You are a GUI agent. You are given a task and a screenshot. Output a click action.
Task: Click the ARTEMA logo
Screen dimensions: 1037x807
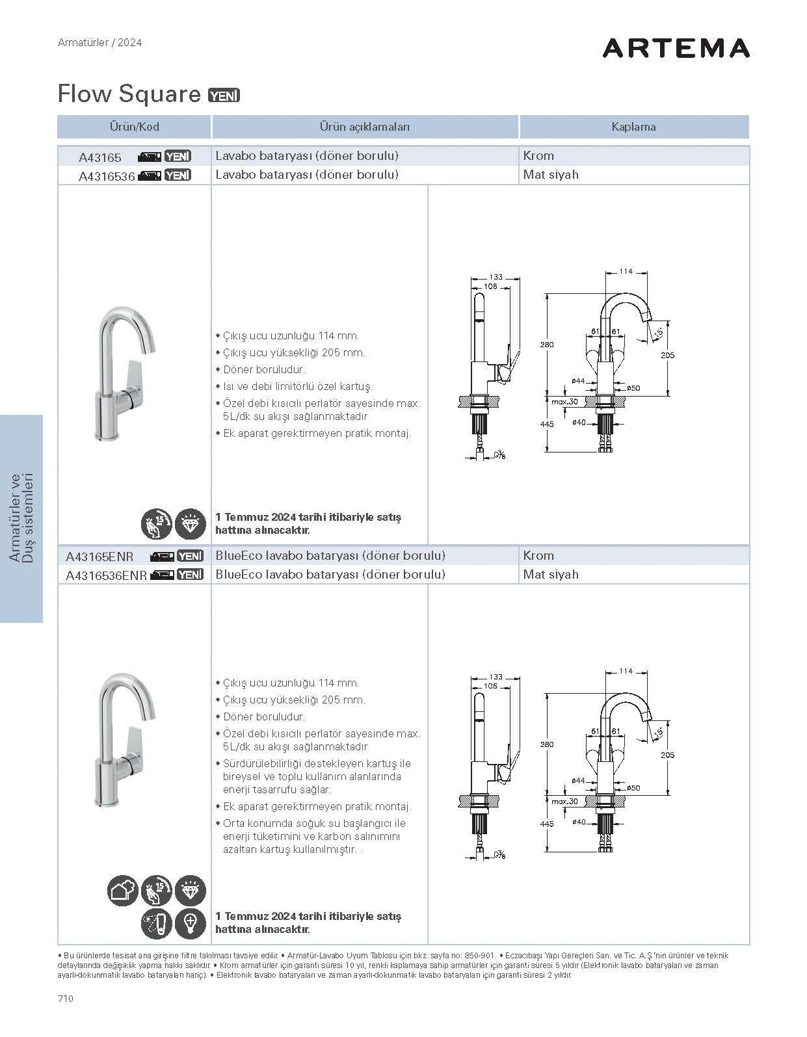(x=676, y=48)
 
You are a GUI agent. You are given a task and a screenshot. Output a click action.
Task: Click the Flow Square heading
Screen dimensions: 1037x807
(x=129, y=94)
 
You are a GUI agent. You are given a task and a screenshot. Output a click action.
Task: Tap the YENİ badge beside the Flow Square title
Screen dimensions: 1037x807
(x=224, y=96)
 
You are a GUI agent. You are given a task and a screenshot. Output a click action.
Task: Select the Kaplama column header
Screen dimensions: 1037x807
(x=633, y=127)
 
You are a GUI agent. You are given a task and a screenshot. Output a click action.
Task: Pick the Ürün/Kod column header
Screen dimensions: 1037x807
(x=134, y=127)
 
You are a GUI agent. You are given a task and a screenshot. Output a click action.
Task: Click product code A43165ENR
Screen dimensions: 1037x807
(x=99, y=557)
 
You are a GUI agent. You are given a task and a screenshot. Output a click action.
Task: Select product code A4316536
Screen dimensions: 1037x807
(x=106, y=176)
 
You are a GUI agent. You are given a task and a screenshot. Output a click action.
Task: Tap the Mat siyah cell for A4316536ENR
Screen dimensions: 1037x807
(x=550, y=575)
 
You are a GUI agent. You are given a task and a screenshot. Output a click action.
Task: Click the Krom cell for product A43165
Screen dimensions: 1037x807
(x=538, y=155)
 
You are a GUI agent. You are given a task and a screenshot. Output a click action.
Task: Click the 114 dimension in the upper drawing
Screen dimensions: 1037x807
(x=625, y=271)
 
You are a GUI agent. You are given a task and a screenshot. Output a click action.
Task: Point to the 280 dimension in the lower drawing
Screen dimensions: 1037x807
(x=547, y=744)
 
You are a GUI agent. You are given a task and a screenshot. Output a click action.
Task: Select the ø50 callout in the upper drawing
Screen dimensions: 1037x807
(x=633, y=388)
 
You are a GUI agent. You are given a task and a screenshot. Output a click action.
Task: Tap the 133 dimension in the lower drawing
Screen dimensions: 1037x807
(x=496, y=677)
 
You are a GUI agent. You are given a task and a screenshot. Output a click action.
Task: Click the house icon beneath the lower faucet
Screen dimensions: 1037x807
(x=122, y=891)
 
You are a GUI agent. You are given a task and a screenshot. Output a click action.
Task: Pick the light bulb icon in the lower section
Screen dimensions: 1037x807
(x=190, y=923)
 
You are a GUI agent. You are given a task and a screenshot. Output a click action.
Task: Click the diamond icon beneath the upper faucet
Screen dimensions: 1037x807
(x=190, y=523)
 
